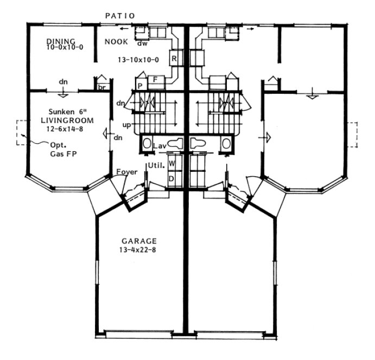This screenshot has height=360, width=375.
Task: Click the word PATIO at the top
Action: pyautogui.click(x=120, y=16)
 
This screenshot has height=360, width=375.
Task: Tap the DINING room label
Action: pyautogui.click(x=60, y=41)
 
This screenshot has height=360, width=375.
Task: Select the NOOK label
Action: pyautogui.click(x=117, y=41)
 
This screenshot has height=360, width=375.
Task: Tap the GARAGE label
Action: pyautogui.click(x=139, y=241)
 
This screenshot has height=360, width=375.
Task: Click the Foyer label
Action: pyautogui.click(x=126, y=172)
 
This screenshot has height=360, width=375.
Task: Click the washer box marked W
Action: pyautogui.click(x=172, y=163)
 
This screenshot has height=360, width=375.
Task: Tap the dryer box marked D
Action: pyautogui.click(x=172, y=178)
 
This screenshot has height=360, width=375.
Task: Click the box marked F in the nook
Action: pyautogui.click(x=156, y=80)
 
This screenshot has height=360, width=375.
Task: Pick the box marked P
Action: pyautogui.click(x=139, y=86)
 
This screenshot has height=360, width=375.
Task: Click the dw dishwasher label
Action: pyautogui.click(x=143, y=43)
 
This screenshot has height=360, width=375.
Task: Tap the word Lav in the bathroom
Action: pyautogui.click(x=159, y=145)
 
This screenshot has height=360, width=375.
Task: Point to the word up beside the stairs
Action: pyautogui.click(x=126, y=125)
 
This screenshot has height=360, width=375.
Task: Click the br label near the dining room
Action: pyautogui.click(x=102, y=86)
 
